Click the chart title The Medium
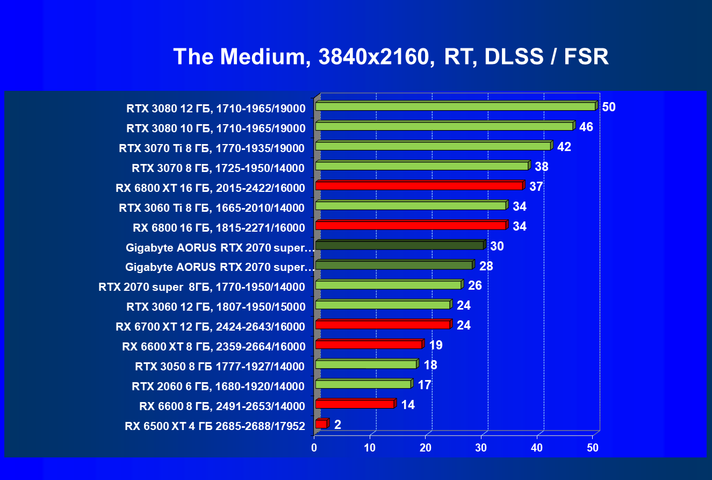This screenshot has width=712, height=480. pos(391,56)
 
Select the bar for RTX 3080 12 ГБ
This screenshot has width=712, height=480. pos(456,106)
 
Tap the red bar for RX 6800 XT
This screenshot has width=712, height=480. pos(419,186)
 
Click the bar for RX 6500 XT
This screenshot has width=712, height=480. pos(321,424)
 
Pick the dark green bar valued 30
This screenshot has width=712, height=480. pos(400,246)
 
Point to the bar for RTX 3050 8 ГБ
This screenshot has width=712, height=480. pos(366,364)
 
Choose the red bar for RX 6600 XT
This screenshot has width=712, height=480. pos(369,345)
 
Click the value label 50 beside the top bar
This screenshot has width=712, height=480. pos(608,107)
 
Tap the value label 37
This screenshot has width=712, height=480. pos(536,187)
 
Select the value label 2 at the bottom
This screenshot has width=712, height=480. pos(337,425)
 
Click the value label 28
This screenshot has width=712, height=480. pos(486,266)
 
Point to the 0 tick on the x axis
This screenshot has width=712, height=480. pos(314,447)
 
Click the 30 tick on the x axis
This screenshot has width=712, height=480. pos(481,447)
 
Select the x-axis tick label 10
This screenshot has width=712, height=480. pos(370,447)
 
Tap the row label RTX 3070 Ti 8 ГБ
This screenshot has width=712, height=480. pos(212,148)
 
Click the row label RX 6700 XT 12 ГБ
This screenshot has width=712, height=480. pos(210,327)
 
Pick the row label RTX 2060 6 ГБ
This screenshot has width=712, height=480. pos(218,386)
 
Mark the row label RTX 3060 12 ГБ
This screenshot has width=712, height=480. pos(215,307)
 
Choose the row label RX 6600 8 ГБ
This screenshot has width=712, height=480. pos(222,406)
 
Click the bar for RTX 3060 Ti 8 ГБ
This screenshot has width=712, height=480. pos(411,206)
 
